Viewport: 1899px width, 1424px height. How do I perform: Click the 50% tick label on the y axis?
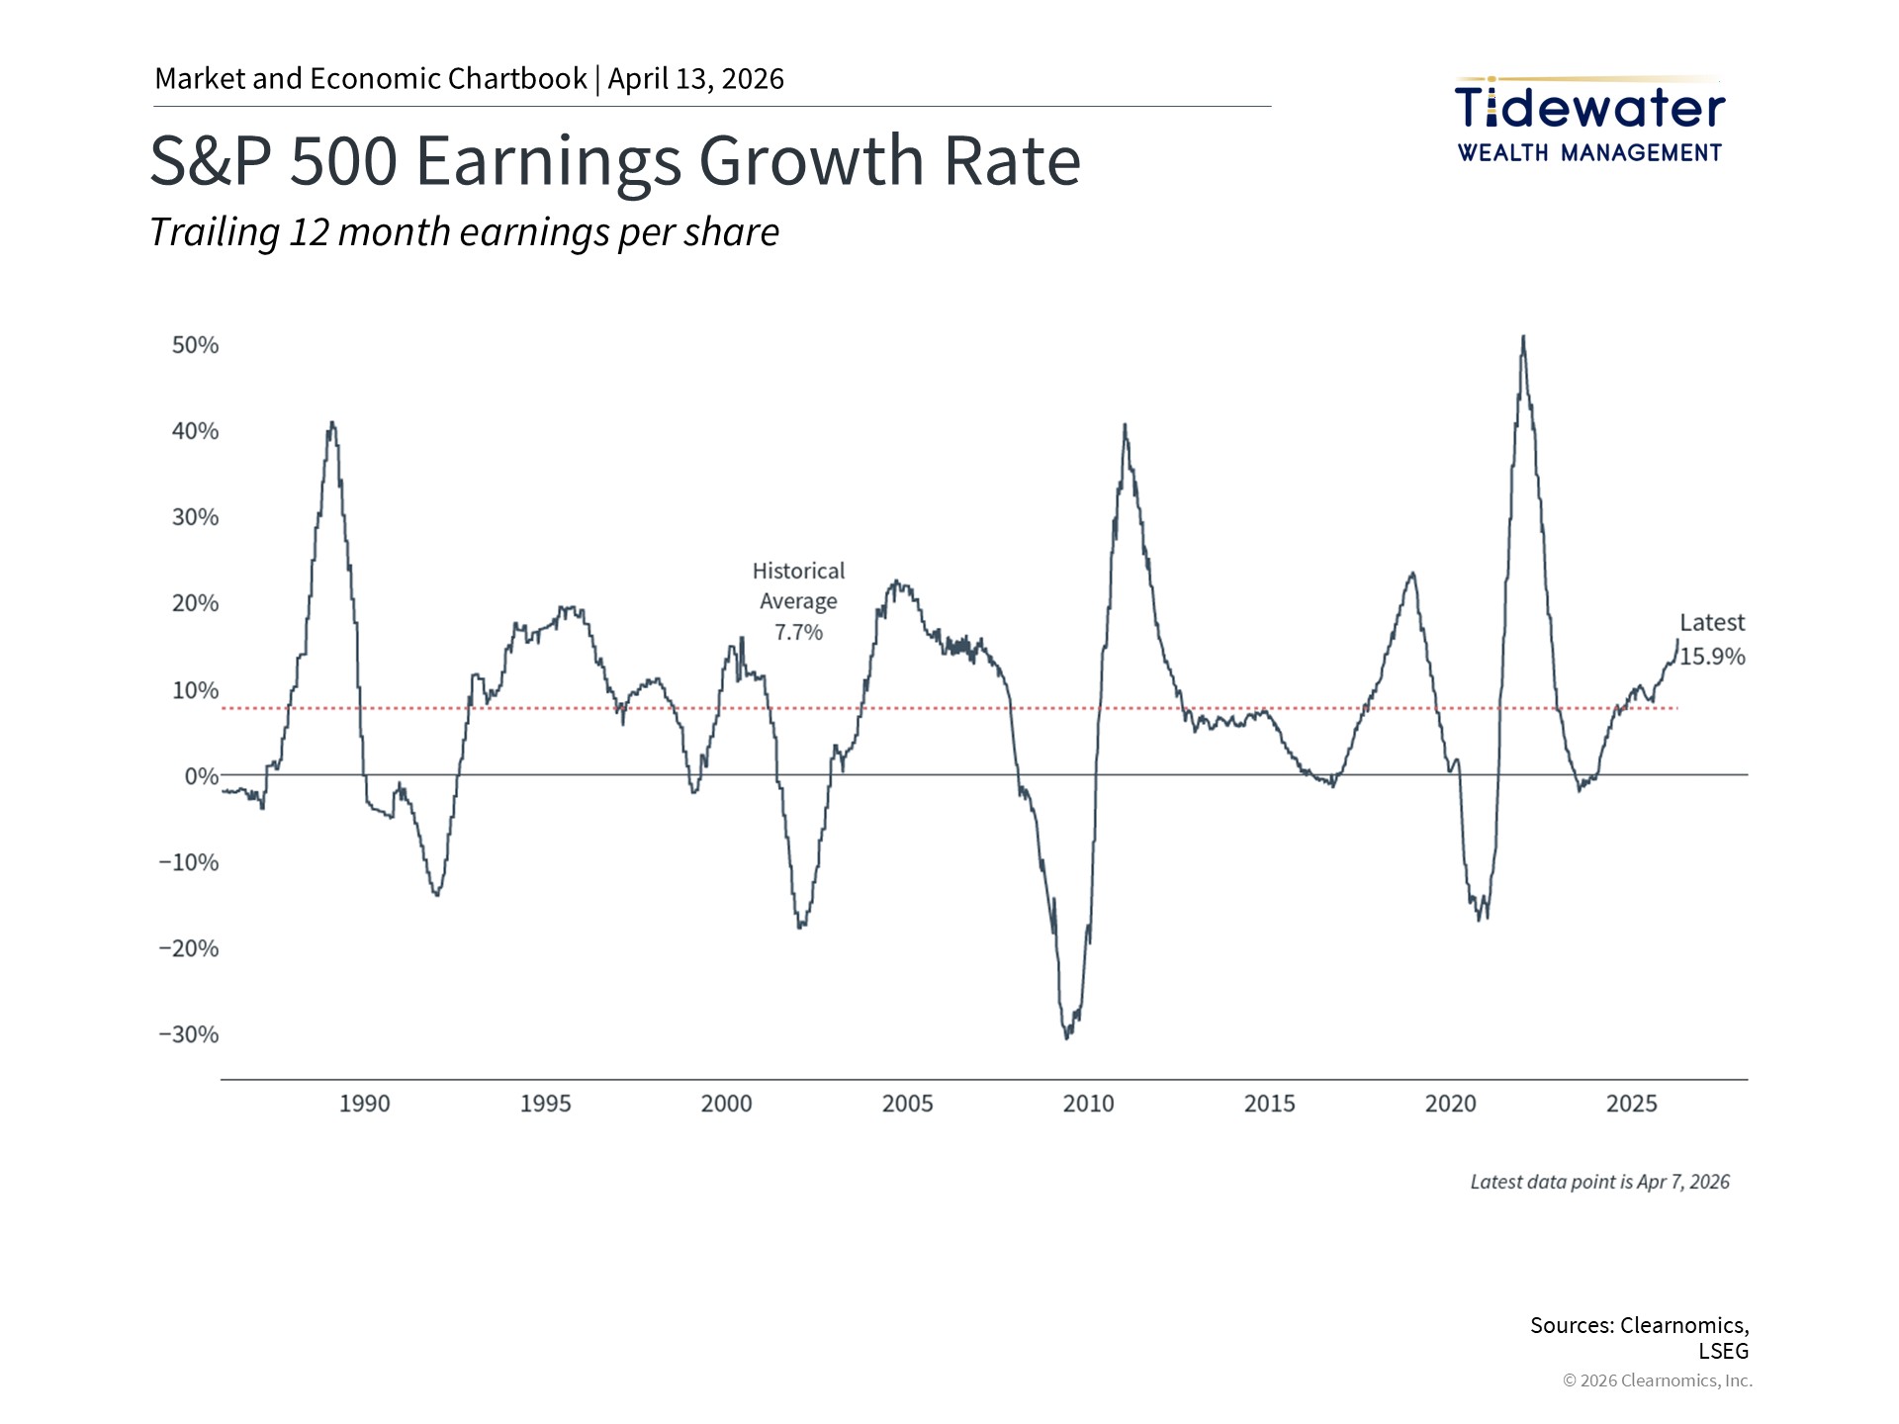(195, 345)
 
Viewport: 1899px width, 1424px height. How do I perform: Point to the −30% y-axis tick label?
(189, 1034)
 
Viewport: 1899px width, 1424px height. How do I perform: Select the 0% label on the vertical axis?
(202, 776)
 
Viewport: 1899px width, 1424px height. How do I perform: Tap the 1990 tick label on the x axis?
(364, 1104)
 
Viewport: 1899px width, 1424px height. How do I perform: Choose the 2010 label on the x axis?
(1088, 1104)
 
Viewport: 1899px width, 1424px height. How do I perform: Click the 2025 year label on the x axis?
(1631, 1104)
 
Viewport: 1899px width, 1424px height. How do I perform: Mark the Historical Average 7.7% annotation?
(798, 601)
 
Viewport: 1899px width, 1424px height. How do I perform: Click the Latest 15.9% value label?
(1712, 640)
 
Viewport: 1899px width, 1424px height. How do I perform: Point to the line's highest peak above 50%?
(1523, 337)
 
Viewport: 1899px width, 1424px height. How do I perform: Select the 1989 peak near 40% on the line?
(332, 423)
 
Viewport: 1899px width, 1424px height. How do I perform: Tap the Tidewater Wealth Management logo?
(1589, 121)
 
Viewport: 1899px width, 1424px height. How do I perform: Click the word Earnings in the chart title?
(548, 160)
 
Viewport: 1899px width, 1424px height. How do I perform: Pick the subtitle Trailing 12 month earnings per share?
(464, 232)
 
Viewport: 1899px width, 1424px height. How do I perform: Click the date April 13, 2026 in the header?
(695, 79)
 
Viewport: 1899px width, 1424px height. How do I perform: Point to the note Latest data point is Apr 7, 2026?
(1599, 1182)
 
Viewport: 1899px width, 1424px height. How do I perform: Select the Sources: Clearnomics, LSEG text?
(1639, 1337)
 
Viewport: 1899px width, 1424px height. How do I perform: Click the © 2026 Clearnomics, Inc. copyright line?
(1657, 1380)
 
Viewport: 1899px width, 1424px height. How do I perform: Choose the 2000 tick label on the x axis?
(726, 1104)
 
